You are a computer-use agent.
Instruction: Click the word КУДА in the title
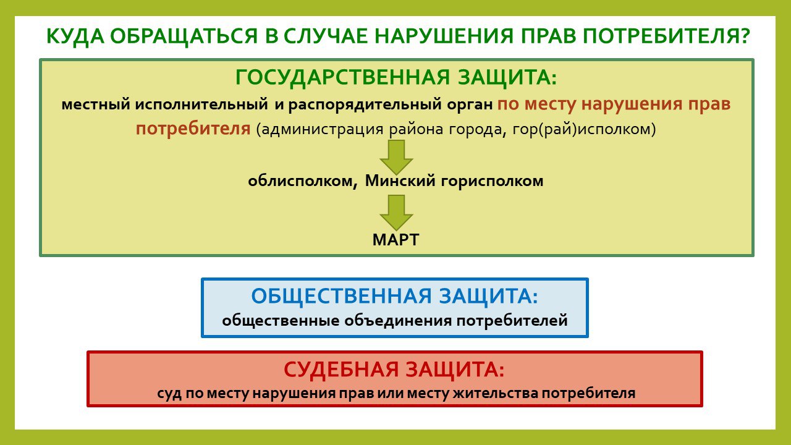point(75,36)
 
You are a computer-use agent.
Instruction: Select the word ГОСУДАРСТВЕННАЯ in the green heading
point(342,77)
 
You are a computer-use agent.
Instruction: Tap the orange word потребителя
point(193,129)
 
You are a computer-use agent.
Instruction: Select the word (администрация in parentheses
point(319,130)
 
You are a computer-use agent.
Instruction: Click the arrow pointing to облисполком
point(396,157)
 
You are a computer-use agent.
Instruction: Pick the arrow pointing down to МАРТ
point(396,213)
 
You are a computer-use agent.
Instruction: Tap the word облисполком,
point(303,181)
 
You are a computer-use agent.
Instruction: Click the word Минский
point(400,181)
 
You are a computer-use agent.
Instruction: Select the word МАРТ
point(396,240)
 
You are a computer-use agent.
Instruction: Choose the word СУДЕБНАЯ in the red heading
point(341,370)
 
